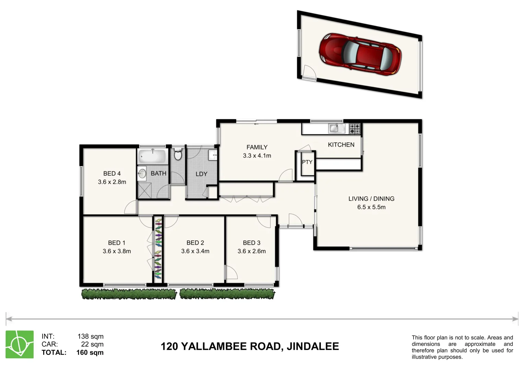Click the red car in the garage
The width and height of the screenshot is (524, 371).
360,54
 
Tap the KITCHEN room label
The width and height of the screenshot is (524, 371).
341,145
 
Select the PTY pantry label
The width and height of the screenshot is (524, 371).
307,162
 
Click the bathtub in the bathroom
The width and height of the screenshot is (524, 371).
152,157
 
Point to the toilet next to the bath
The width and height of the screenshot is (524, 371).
178,155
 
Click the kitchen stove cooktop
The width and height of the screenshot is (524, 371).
355,129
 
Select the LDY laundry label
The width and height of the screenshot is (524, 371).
201,174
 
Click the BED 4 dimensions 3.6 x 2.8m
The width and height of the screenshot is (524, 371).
112,182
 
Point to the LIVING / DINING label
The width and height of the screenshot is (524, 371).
371,199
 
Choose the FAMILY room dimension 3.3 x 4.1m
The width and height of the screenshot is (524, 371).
257,156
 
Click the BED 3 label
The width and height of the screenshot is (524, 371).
252,243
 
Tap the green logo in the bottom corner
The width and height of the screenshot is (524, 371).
20,345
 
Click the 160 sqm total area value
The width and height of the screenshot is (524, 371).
90,352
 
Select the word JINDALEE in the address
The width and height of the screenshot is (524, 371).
313,346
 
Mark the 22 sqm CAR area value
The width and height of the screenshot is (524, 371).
92,344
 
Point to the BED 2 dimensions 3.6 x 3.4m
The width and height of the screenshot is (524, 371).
195,251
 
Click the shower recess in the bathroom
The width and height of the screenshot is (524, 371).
144,190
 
